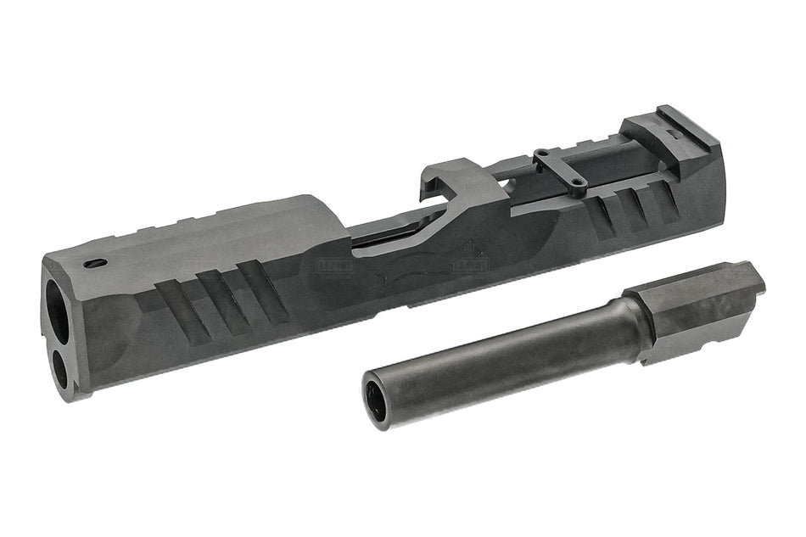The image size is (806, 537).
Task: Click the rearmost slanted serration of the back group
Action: [666, 197]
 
